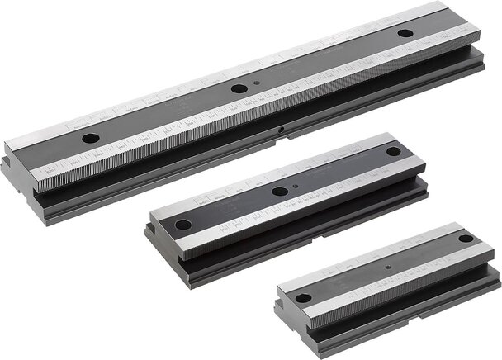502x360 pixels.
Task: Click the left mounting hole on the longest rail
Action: (x=91, y=138)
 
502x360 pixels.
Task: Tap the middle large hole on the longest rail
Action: (x=239, y=88)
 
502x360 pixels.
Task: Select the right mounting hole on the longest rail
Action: (x=405, y=34)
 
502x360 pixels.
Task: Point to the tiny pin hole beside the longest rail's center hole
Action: (x=258, y=83)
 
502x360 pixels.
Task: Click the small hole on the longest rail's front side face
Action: (x=282, y=130)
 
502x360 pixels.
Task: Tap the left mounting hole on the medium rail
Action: (x=183, y=225)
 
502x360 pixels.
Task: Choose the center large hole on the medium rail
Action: (x=280, y=191)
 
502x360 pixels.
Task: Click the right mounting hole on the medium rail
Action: (x=393, y=151)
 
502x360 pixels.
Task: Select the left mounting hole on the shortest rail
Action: (x=304, y=298)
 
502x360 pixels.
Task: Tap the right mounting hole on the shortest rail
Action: (x=466, y=239)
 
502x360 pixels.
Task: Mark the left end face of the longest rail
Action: (x=21, y=178)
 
